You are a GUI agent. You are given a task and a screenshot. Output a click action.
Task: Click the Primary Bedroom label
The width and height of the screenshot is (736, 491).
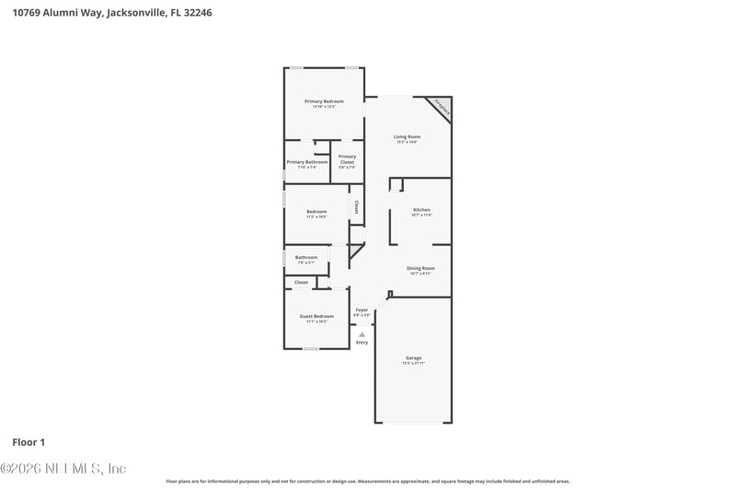pos(325,100)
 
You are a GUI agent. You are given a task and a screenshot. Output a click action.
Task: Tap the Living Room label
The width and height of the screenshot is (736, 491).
pos(408,136)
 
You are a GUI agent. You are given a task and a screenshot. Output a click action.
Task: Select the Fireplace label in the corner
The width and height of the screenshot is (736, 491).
pos(442,108)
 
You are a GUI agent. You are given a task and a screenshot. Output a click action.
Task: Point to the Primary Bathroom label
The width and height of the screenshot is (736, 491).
pos(307,162)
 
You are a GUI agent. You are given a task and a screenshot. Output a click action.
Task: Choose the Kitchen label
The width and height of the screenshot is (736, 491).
pos(421,210)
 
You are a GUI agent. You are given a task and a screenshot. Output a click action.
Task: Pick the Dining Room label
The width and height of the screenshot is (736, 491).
pos(421,268)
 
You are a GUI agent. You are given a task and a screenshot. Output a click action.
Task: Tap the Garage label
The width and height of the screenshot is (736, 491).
pos(414,357)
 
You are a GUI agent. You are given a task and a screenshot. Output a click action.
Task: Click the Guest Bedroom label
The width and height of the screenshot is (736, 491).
pos(316,316)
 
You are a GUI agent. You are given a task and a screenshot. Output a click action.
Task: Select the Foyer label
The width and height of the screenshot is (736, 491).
pos(362,310)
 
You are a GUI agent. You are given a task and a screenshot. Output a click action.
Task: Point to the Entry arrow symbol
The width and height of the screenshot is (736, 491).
pos(362,334)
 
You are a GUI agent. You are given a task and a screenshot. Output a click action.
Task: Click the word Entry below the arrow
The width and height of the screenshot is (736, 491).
pos(362,343)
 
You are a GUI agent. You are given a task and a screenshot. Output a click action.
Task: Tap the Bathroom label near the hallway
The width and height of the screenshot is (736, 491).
pos(306,257)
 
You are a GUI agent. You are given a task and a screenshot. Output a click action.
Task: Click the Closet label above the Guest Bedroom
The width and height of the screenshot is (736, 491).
pos(301,282)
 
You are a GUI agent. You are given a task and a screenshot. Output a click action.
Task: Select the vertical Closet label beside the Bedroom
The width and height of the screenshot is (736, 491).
pos(357,207)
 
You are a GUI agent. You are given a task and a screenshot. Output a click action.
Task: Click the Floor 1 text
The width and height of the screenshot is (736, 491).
pos(29,442)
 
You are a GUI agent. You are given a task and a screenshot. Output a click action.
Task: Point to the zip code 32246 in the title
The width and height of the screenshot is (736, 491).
pos(199,14)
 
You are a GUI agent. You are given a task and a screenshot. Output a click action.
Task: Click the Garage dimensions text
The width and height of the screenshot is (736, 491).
pos(414,363)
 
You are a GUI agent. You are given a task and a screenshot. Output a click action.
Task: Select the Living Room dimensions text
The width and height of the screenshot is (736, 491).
pos(408,142)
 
